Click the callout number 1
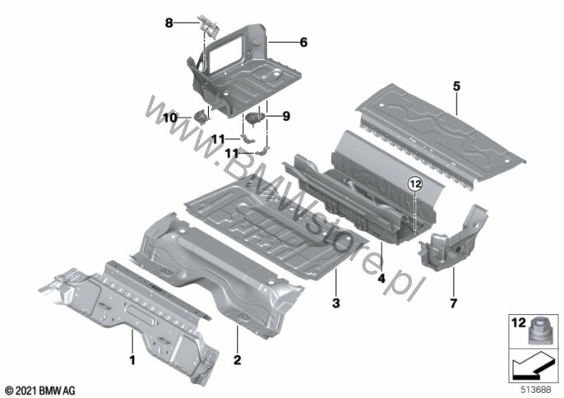click(x=132, y=359)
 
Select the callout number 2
click(x=238, y=359)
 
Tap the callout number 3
click(x=335, y=303)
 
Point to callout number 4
click(x=381, y=278)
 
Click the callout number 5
click(x=456, y=86)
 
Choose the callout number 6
click(x=304, y=43)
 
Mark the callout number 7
click(x=454, y=303)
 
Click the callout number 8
click(x=169, y=23)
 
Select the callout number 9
click(x=286, y=116)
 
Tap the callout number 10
click(x=170, y=118)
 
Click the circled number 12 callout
click(x=414, y=184)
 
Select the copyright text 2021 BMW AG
click(x=39, y=391)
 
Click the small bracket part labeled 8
click(x=208, y=25)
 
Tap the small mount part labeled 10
click(x=201, y=117)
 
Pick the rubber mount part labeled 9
click(x=255, y=118)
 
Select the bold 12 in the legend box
click(x=519, y=323)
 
